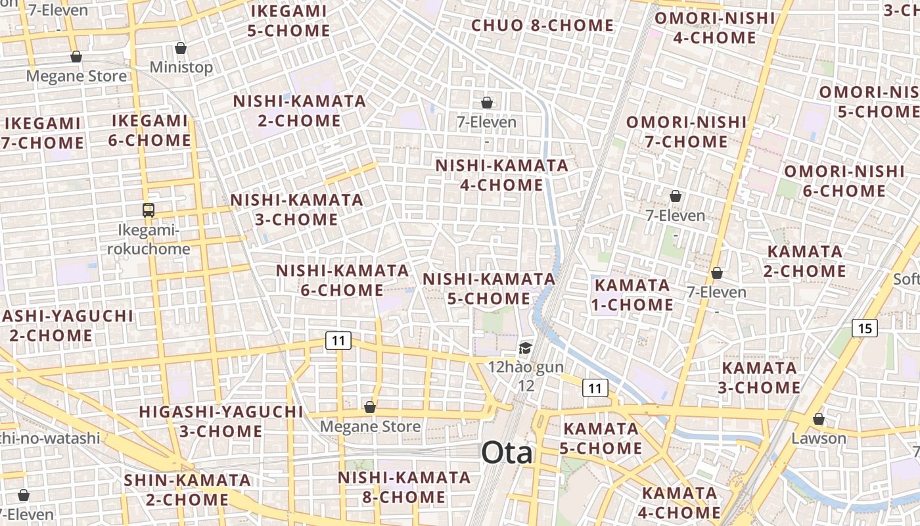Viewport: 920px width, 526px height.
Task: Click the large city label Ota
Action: pos(507,452)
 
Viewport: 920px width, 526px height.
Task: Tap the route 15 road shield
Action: pos(865,327)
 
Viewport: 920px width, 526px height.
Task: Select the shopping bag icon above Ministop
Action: pos(181,48)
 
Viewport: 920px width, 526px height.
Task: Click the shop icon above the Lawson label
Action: pos(819,419)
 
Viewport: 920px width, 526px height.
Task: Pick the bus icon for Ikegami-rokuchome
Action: pos(149,210)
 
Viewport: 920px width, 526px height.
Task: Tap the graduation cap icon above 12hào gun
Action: pos(525,348)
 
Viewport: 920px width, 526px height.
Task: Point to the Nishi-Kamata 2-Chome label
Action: pos(300,111)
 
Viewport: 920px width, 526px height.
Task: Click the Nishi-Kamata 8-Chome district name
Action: pos(404,487)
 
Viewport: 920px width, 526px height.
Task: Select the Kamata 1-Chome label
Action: pos(633,295)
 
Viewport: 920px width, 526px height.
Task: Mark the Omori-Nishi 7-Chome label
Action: pos(686,132)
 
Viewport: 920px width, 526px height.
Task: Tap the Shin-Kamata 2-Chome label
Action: pos(187,490)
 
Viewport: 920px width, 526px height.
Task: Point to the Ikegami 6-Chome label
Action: pos(150,131)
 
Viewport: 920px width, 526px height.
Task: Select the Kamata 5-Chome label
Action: pos(603,439)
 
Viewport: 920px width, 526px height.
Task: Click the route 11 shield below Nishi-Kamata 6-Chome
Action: pos(338,341)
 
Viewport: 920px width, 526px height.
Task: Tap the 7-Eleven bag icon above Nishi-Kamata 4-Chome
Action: pos(487,103)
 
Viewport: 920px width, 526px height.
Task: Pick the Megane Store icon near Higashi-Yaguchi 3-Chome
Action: pos(370,407)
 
